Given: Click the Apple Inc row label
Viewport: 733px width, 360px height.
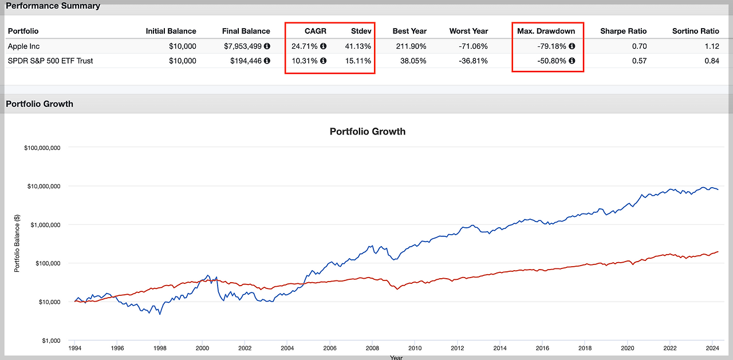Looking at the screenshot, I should [x=24, y=46].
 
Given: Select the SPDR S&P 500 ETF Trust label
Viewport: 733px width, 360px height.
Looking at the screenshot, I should [x=50, y=61].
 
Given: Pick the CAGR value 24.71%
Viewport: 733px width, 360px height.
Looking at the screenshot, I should [x=305, y=46].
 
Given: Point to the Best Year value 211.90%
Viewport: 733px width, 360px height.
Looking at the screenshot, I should [x=411, y=46].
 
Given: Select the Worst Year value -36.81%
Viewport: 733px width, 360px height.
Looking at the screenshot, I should [x=472, y=61].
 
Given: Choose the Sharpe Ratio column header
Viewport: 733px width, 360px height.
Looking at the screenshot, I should [x=623, y=31].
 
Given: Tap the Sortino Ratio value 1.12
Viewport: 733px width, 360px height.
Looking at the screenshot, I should [x=712, y=46].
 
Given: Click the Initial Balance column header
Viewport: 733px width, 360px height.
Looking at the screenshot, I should [x=171, y=31].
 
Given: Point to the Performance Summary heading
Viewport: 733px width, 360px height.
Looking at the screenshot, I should [x=53, y=6].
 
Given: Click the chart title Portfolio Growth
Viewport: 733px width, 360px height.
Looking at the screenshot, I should [x=367, y=131].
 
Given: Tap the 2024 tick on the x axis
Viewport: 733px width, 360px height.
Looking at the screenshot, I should [x=712, y=348].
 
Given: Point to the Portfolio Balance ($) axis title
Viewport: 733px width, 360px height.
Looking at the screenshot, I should [x=18, y=244].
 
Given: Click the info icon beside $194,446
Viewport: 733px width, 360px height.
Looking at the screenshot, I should [x=267, y=61].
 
